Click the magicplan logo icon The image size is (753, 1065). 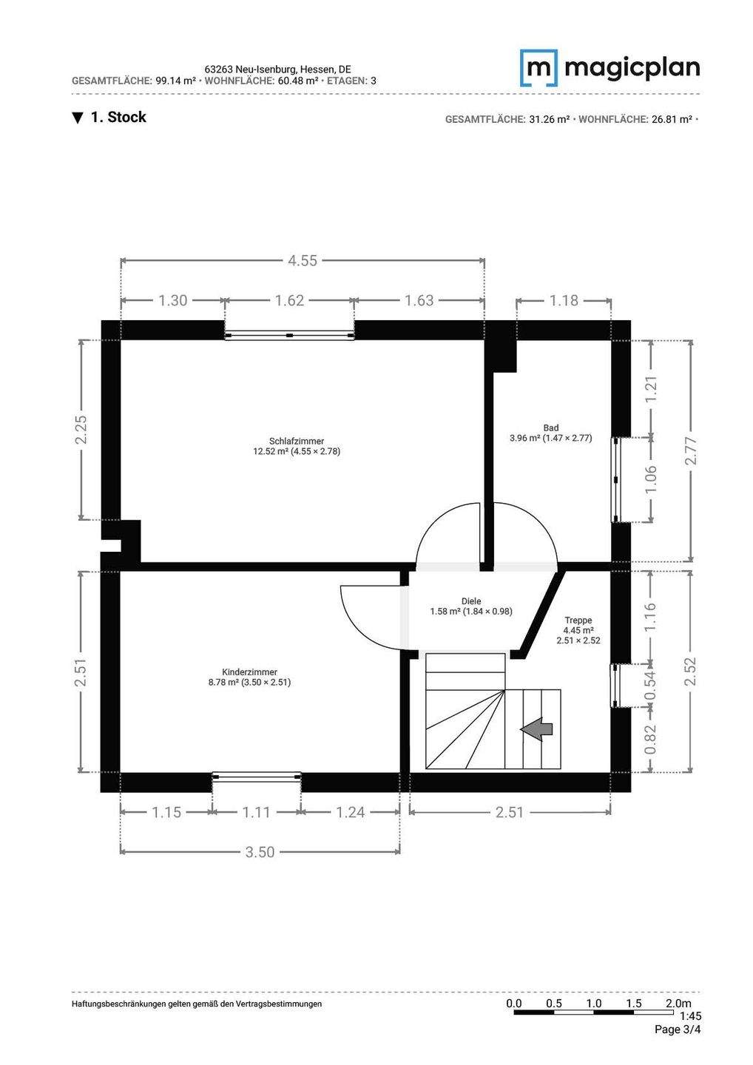(538, 67)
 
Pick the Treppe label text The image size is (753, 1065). (578, 620)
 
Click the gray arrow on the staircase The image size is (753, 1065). (536, 729)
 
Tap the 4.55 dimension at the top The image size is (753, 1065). (303, 260)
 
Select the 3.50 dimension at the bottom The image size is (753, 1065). (260, 852)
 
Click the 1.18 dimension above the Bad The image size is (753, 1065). (564, 300)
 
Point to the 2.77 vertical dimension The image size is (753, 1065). (691, 450)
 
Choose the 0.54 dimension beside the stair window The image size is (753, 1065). (650, 685)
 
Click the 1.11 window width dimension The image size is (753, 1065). (257, 812)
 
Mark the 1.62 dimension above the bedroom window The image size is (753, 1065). (289, 300)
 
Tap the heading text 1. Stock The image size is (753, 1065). (109, 117)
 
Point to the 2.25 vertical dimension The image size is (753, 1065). (82, 429)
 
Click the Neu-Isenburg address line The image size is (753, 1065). (278, 70)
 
